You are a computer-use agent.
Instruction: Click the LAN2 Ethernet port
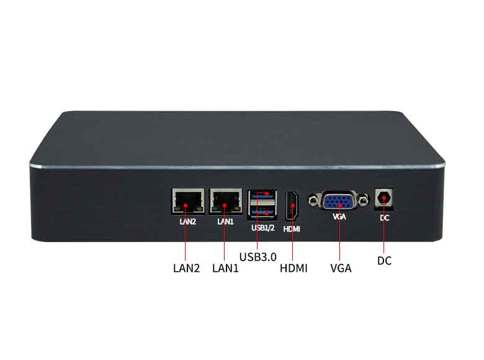tap(188, 201)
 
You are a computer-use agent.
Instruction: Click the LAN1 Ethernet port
tap(226, 201)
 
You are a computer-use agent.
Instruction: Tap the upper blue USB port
tap(262, 195)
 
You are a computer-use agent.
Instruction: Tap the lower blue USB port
tap(262, 212)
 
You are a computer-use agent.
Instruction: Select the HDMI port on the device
tap(292, 205)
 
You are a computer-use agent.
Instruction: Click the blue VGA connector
tap(339, 200)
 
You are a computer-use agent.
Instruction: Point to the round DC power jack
tap(384, 198)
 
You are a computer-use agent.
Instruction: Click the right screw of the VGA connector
tap(364, 201)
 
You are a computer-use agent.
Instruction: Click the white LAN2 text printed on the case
tap(187, 222)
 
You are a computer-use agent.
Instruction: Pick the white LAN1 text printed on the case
tap(226, 222)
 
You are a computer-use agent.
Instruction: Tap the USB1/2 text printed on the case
tap(263, 228)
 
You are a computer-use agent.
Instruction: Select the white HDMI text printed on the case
tap(292, 229)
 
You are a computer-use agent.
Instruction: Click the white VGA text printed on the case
tap(339, 217)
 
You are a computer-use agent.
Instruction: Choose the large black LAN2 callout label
tap(186, 268)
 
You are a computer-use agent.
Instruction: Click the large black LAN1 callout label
tap(226, 268)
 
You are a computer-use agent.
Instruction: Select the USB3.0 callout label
tap(258, 257)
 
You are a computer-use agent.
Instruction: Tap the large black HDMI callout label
tap(294, 268)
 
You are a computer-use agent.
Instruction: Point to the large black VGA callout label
tap(341, 268)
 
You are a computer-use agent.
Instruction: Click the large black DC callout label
tap(384, 261)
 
